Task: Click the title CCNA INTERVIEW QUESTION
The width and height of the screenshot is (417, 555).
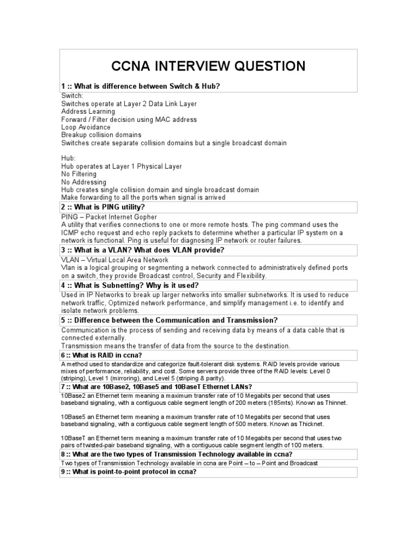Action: point(208,67)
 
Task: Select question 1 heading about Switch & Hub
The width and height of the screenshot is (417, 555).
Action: point(141,87)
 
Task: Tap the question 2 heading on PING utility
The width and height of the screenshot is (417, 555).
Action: point(103,207)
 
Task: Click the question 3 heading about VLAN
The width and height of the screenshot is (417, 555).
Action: point(143,250)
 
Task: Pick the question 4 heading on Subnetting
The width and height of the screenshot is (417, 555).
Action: point(130,285)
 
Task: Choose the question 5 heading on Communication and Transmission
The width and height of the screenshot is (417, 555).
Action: point(169,320)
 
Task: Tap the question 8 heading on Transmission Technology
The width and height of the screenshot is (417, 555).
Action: point(177,454)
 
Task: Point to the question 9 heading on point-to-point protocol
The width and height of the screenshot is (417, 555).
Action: point(129,472)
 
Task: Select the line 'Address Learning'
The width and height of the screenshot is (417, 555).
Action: point(88,112)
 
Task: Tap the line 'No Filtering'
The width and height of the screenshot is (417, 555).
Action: point(79,174)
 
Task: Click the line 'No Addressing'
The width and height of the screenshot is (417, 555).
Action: point(84,182)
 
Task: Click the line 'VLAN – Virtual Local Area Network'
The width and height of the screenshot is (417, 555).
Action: point(115,260)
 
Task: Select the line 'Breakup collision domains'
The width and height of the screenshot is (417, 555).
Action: point(101,134)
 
